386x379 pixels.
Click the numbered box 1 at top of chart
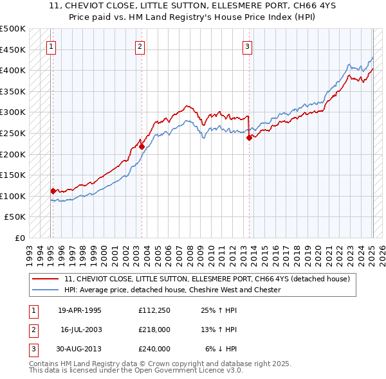[51, 46]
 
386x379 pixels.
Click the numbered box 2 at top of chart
[140, 46]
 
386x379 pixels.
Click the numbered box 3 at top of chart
[248, 46]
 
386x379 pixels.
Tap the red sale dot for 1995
[53, 190]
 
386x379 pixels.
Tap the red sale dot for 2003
[142, 146]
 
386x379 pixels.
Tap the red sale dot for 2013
[249, 137]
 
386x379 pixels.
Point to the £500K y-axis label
[13, 29]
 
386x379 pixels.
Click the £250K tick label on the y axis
[13, 133]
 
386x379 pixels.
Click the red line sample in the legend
[46, 279]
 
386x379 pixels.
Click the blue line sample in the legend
[46, 290]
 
